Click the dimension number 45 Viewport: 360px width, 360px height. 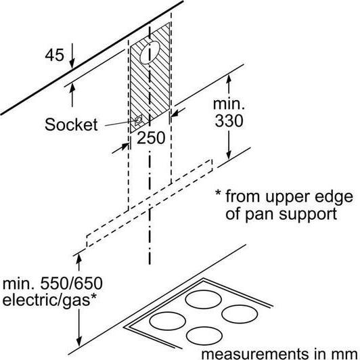(54, 55)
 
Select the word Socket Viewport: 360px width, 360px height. (71, 125)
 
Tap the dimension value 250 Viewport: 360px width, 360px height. (151, 138)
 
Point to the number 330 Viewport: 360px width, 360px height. (229, 120)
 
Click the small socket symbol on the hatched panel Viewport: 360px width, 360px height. (138, 120)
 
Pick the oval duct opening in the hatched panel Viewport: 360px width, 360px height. (150, 53)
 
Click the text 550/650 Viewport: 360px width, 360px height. (72, 284)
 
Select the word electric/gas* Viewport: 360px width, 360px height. (49, 300)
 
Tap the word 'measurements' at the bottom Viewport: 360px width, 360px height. (255, 354)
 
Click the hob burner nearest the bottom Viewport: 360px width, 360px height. (204, 336)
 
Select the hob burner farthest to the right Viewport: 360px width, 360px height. (240, 314)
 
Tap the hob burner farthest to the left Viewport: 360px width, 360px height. (167, 321)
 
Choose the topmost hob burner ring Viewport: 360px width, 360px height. (204, 299)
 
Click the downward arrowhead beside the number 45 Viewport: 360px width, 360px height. (72, 64)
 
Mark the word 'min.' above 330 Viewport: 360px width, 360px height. (229, 104)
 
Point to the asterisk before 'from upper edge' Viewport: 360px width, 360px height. (218, 193)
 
